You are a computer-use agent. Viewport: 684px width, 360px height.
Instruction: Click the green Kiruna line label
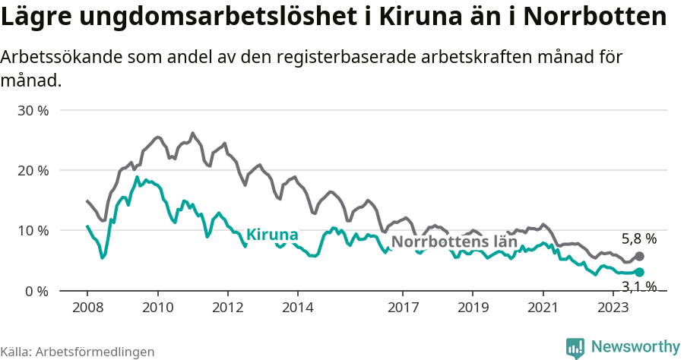click(272, 235)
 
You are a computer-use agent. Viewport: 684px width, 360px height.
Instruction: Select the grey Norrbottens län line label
click(454, 242)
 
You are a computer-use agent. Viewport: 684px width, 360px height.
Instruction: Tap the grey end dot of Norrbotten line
click(639, 257)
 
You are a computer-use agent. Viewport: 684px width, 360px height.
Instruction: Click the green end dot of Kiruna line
click(639, 272)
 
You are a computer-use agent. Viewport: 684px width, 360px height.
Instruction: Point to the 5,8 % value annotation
click(638, 238)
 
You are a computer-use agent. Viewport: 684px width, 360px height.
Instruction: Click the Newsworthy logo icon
click(575, 347)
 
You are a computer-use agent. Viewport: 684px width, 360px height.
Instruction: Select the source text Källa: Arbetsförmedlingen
click(78, 352)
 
